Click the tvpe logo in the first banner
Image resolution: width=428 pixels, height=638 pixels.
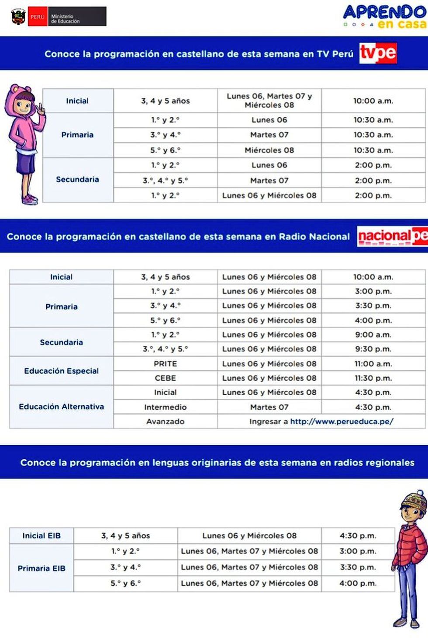[x=378, y=53]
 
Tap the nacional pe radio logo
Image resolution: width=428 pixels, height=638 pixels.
[x=392, y=236]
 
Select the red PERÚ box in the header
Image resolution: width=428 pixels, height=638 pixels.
[x=38, y=17]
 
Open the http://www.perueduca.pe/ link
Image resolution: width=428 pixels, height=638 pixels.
[x=342, y=421]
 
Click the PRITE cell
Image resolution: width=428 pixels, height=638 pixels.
[x=165, y=364]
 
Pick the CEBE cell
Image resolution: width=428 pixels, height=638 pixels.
[x=165, y=378]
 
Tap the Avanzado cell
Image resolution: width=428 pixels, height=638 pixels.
[x=165, y=421]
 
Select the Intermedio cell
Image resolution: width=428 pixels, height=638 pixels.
[x=165, y=407]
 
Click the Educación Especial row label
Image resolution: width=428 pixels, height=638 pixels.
[x=61, y=371]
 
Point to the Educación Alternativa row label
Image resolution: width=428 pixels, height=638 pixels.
[x=61, y=406]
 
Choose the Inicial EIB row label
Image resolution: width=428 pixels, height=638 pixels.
[x=41, y=536]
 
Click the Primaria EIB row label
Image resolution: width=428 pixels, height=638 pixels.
[x=41, y=568]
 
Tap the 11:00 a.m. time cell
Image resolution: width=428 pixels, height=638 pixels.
[x=373, y=364]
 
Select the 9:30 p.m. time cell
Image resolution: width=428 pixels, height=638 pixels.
[x=373, y=349]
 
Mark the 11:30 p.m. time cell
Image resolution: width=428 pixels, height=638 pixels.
[x=373, y=378]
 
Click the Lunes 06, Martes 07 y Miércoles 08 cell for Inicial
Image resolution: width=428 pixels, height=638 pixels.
[x=269, y=101]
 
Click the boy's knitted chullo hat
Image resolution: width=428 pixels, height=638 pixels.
[x=414, y=502]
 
